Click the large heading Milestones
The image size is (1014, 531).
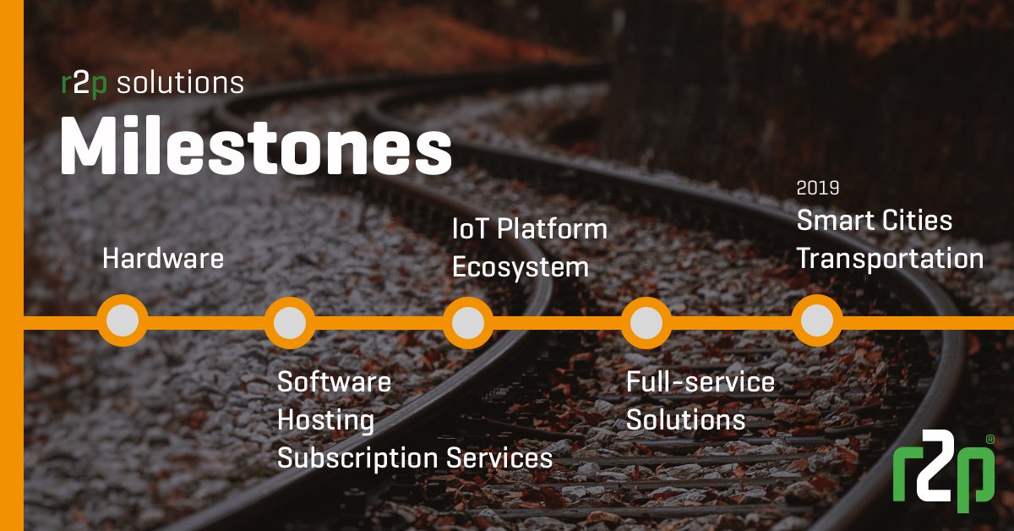[255, 148]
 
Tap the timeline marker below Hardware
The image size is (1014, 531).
[123, 321]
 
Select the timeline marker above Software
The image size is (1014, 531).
[290, 321]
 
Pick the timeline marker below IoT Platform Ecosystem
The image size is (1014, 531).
[468, 321]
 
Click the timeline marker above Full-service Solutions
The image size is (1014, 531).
[646, 321]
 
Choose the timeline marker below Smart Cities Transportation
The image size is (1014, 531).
[817, 321]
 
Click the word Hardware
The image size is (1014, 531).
[163, 258]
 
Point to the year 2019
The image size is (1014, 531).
[818, 189]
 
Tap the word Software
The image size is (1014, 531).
[335, 381]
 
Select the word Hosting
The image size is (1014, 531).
[326, 419]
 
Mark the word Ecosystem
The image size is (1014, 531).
[520, 267]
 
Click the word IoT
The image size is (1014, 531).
[471, 228]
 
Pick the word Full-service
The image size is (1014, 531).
[701, 381]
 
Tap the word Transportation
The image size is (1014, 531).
[890, 259]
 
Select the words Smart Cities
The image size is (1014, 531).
[875, 221]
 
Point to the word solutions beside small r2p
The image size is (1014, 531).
[179, 83]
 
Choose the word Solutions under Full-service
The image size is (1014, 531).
[685, 419]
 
